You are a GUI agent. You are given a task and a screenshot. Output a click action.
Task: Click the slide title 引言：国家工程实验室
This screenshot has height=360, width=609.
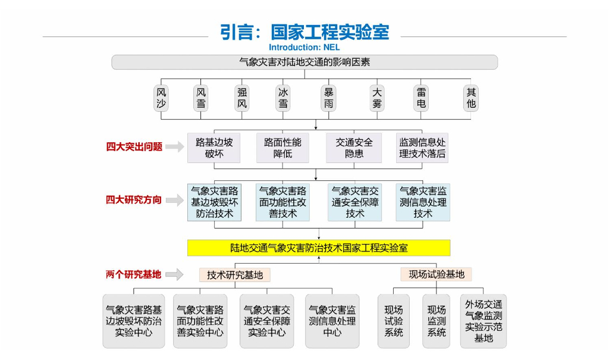(304, 32)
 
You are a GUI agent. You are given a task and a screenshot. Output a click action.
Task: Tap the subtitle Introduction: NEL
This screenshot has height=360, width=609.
(304, 47)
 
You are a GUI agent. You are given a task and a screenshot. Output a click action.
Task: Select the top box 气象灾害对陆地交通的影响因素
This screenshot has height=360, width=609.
(304, 62)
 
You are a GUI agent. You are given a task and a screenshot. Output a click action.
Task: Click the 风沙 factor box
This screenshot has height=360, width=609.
(161, 98)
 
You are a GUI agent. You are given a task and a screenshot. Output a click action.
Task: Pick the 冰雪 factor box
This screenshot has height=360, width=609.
(283, 98)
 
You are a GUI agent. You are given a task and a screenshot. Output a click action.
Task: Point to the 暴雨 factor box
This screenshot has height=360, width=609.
(328, 98)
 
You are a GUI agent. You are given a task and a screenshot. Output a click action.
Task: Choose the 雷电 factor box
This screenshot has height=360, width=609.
(421, 98)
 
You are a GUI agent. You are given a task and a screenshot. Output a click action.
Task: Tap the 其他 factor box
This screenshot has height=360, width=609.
(471, 98)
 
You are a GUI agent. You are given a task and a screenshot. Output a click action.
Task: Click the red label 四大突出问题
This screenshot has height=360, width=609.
(134, 147)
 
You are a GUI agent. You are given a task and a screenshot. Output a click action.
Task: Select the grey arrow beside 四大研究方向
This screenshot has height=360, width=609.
(174, 201)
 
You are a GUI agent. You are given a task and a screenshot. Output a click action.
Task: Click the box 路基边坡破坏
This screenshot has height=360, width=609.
(214, 148)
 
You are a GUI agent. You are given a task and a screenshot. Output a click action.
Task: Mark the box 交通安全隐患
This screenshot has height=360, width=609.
(354, 148)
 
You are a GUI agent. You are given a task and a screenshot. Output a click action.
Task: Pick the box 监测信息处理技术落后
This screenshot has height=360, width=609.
(422, 148)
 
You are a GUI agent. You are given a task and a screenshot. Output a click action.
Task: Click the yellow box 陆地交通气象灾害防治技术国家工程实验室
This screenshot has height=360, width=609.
(319, 248)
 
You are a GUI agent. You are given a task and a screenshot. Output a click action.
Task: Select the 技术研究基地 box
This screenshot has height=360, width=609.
(235, 274)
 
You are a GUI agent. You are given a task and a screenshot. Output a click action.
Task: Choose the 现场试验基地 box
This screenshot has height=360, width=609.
(436, 274)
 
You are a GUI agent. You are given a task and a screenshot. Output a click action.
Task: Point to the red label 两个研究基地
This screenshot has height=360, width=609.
(133, 274)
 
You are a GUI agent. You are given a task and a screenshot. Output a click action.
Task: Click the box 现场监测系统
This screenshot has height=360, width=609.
(437, 321)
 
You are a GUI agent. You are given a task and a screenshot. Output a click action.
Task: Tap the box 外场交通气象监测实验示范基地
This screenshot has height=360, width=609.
(484, 321)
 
